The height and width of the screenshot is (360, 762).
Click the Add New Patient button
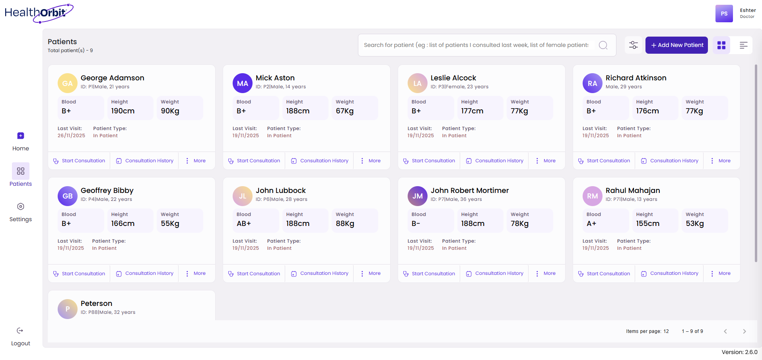point(676,45)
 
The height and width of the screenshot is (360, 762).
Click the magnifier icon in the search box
point(603,45)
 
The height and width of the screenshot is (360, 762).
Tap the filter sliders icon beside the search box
point(634,45)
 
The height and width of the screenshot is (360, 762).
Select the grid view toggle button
point(721,45)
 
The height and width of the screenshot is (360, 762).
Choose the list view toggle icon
point(743,45)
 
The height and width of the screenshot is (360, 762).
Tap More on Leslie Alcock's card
point(545,161)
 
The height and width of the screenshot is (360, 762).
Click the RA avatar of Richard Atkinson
point(592,83)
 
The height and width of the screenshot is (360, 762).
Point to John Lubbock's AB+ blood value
point(244,224)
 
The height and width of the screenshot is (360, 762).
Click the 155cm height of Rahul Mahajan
point(647,224)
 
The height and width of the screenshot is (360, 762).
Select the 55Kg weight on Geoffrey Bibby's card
point(170,224)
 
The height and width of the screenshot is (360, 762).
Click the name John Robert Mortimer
point(469,191)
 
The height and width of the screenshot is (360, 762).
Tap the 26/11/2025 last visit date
point(71,136)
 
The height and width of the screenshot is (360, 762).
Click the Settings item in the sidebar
point(21,212)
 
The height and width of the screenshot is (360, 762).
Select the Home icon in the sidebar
point(21,136)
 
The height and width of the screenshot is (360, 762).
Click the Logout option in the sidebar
point(21,337)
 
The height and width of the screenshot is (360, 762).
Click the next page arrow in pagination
point(744,331)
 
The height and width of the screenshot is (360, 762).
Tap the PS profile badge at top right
point(724,14)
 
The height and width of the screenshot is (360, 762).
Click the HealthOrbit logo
point(39,13)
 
